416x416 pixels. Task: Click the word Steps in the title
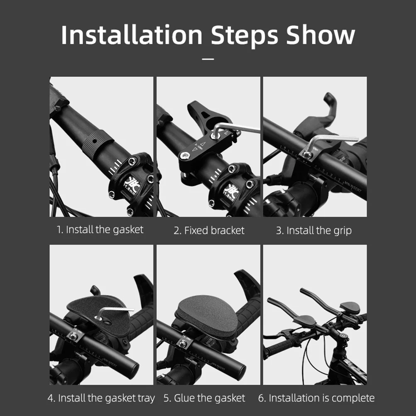[244, 35]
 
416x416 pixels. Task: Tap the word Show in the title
[321, 35]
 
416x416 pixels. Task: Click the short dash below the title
[208, 59]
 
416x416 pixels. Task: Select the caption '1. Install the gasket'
[100, 230]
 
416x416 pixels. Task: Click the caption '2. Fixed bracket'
[209, 230]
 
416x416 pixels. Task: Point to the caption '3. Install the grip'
[313, 230]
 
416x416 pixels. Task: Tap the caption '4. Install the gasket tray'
[101, 399]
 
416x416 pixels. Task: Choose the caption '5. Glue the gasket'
[204, 399]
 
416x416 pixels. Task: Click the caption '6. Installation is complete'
[316, 399]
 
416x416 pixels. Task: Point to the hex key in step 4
[116, 310]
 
